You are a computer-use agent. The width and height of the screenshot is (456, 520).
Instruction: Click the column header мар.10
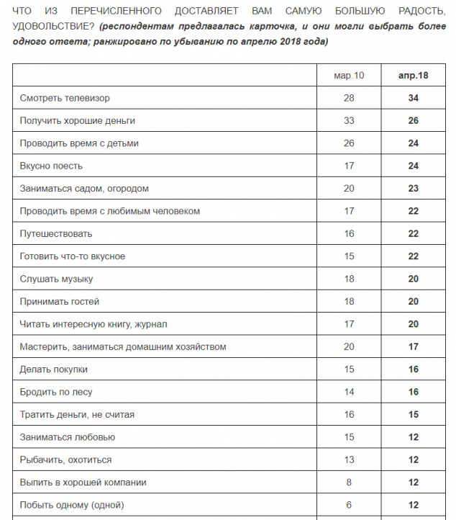pos(350,75)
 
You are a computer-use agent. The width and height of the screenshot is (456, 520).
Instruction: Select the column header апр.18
pos(414,75)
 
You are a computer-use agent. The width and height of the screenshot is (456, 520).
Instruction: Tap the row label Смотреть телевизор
pos(65,98)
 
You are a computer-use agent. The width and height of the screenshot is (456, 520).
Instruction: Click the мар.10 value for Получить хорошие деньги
pos(350,120)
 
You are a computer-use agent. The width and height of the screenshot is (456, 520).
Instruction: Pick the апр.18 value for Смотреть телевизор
pos(414,98)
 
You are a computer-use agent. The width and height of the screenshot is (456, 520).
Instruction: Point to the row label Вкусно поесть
pos(51,166)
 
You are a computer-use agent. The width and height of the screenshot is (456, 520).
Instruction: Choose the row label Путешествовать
pos(56,233)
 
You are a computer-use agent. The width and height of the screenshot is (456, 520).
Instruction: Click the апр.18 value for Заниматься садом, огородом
pos(414,188)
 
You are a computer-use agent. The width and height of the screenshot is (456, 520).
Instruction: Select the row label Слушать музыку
pos(57,279)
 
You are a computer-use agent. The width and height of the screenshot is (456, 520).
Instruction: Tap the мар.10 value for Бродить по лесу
pos(350,392)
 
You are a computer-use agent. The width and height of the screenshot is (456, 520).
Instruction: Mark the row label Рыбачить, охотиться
pos(65,460)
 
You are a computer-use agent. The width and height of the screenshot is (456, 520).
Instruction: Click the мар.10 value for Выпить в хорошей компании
pos(350,482)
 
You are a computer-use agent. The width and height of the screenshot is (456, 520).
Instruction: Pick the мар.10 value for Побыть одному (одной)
pos(350,504)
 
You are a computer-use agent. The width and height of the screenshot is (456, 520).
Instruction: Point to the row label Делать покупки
pos(54,369)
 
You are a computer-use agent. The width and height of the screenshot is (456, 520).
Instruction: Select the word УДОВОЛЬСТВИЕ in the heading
pos(50,27)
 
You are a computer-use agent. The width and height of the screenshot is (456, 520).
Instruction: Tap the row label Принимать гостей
pos(60,301)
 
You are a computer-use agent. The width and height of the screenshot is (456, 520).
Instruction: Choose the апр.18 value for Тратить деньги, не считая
pos(414,414)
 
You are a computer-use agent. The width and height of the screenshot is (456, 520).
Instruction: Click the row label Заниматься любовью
pos(68,436)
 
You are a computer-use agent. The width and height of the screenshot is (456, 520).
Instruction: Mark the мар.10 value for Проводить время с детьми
pos(350,143)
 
